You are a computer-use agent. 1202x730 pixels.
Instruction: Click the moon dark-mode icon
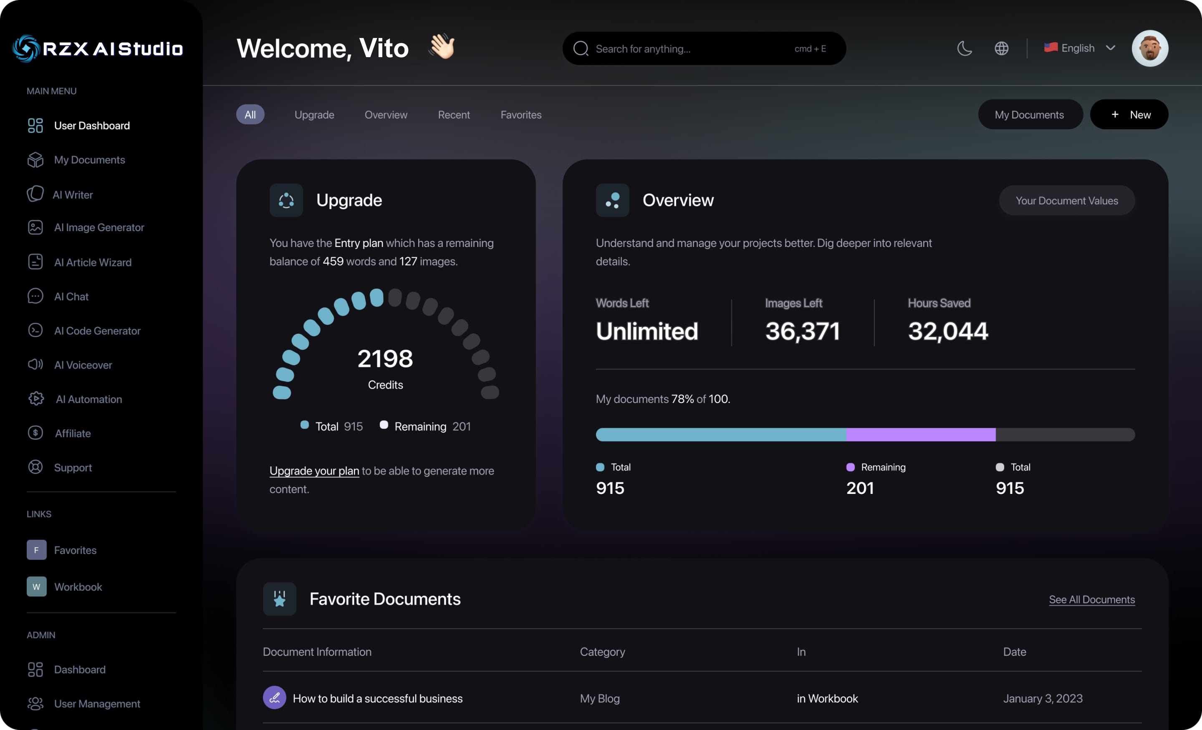pyautogui.click(x=965, y=48)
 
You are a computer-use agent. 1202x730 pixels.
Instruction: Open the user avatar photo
pyautogui.click(x=1150, y=48)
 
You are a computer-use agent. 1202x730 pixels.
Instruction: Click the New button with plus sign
pyautogui.click(x=1129, y=115)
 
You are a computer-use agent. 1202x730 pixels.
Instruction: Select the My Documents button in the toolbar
pyautogui.click(x=1029, y=115)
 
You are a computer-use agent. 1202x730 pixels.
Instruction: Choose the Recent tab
pyautogui.click(x=454, y=115)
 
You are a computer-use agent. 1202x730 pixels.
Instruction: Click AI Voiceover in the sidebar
pyautogui.click(x=83, y=365)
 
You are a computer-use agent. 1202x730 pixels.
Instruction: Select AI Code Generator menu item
pyautogui.click(x=97, y=331)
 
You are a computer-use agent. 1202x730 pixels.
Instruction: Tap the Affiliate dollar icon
pyautogui.click(x=35, y=433)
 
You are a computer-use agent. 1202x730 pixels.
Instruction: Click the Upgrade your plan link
pyautogui.click(x=314, y=471)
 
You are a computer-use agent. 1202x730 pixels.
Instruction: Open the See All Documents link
pyautogui.click(x=1092, y=599)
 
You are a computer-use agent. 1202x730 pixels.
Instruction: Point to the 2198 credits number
pyautogui.click(x=385, y=359)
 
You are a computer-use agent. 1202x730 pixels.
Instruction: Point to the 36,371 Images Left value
pyautogui.click(x=803, y=331)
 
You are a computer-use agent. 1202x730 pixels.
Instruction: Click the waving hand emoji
pyautogui.click(x=442, y=47)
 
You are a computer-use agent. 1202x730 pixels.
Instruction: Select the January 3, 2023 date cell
pyautogui.click(x=1043, y=698)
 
